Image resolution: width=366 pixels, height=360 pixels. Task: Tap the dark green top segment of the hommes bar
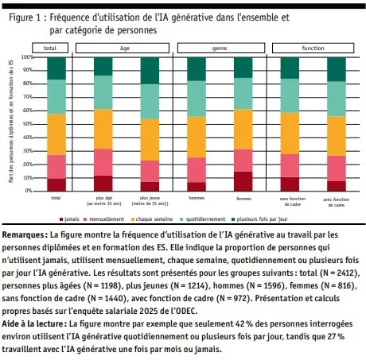click(x=196, y=68)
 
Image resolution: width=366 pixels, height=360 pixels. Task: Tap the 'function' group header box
click(x=313, y=49)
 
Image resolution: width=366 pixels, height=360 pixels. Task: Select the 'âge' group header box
click(x=125, y=49)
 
